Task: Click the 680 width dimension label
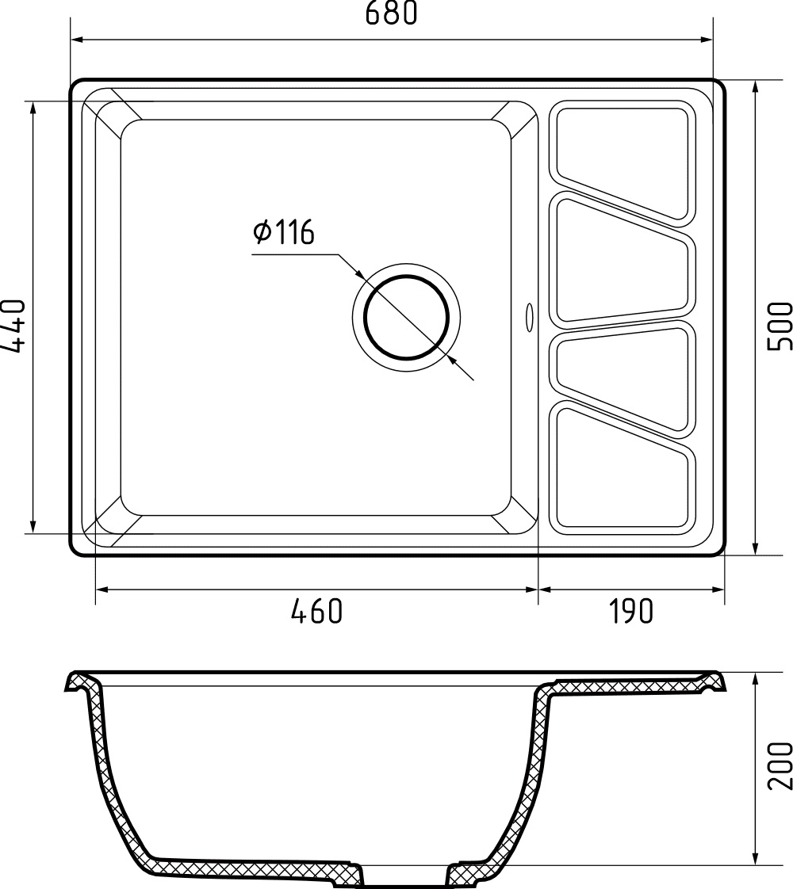point(390,13)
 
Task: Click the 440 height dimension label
point(13,325)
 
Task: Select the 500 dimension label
point(780,325)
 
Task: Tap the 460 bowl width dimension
point(317,611)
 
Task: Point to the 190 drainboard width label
point(631,611)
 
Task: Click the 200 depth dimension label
point(780,765)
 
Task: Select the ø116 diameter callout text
point(284,233)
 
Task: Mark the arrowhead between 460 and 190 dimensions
point(538,589)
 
